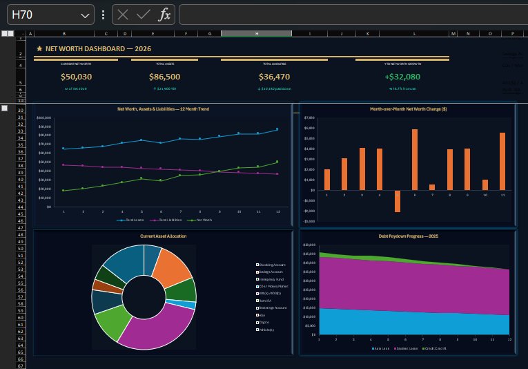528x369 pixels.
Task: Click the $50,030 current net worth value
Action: [76, 77]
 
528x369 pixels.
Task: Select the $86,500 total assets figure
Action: [164, 77]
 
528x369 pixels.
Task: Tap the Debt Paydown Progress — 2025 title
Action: [409, 236]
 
